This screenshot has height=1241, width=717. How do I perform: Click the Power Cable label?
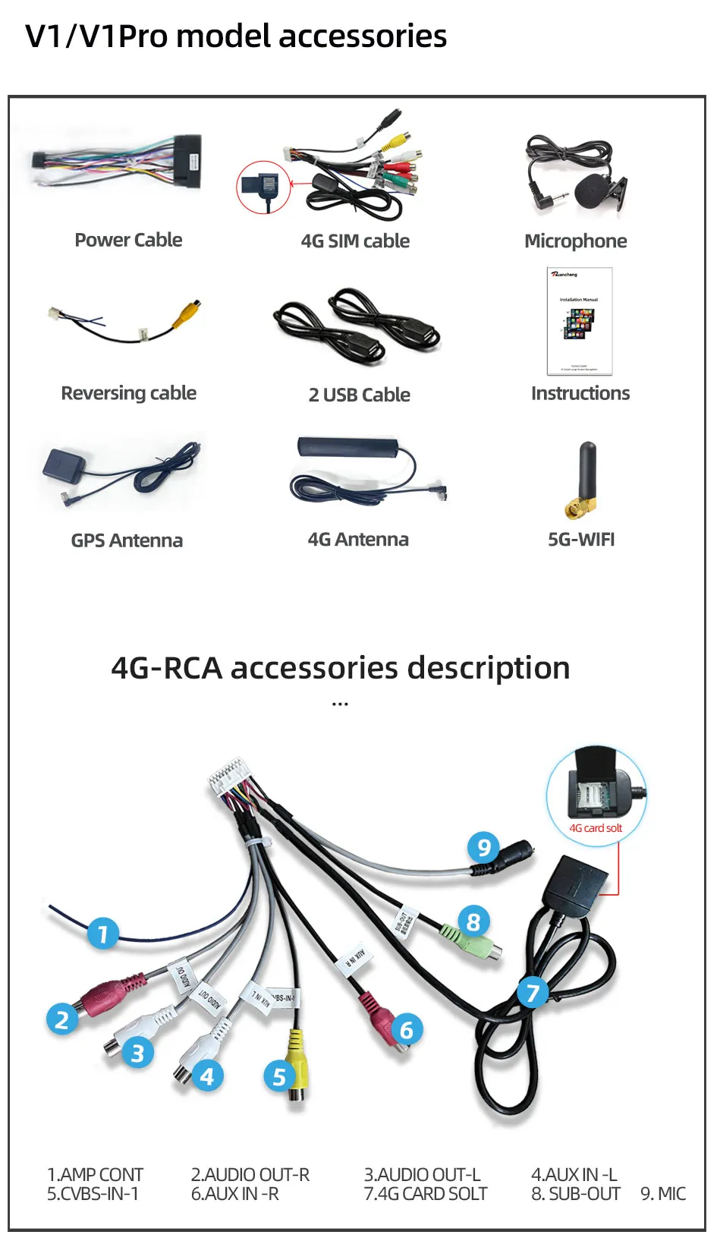tap(128, 240)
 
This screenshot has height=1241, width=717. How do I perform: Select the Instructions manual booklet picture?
tap(579, 321)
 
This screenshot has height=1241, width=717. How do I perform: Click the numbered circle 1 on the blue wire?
tap(103, 933)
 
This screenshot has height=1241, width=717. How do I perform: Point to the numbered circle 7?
tap(533, 992)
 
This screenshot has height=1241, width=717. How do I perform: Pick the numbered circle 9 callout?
tap(483, 847)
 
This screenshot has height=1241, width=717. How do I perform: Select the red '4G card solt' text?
tap(596, 828)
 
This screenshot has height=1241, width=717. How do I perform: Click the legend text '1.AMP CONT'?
tap(95, 1174)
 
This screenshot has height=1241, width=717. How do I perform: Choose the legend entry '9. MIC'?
tap(662, 1194)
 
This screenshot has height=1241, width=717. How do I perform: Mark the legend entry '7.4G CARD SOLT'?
tap(425, 1194)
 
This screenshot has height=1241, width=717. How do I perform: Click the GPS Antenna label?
tap(127, 540)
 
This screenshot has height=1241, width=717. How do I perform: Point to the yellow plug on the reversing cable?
tap(187, 313)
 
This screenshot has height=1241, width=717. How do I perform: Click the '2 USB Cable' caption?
tap(359, 395)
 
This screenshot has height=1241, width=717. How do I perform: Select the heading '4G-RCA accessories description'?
tap(341, 668)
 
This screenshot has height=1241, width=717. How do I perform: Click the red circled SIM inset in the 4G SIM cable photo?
tap(263, 187)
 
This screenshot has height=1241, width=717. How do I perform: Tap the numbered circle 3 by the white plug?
tap(137, 1053)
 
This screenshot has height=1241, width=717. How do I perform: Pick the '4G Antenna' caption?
tap(358, 540)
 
